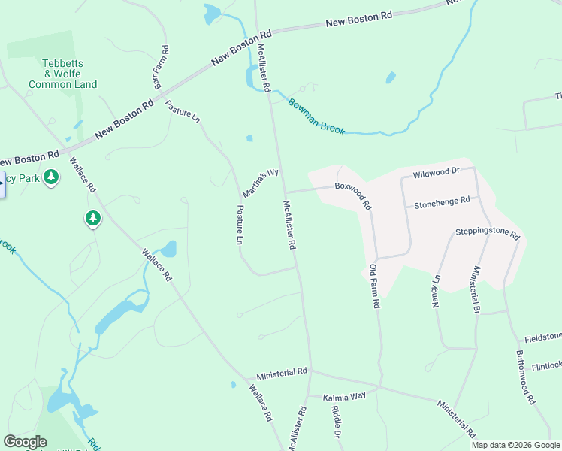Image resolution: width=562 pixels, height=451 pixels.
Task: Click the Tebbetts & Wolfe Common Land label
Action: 62,74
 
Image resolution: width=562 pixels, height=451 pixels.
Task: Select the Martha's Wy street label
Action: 261,179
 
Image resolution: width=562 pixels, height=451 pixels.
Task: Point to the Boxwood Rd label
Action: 353,195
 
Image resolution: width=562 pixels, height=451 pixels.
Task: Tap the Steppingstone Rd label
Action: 488,234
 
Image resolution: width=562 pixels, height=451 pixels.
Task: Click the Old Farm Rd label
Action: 374,286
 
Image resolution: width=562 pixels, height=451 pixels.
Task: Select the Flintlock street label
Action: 546,366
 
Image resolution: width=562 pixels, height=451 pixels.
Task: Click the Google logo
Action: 25,442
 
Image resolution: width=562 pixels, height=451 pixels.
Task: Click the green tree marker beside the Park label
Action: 51,177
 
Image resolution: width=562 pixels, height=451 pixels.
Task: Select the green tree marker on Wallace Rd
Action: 92,219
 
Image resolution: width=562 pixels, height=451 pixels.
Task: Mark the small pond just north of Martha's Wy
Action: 249,138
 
